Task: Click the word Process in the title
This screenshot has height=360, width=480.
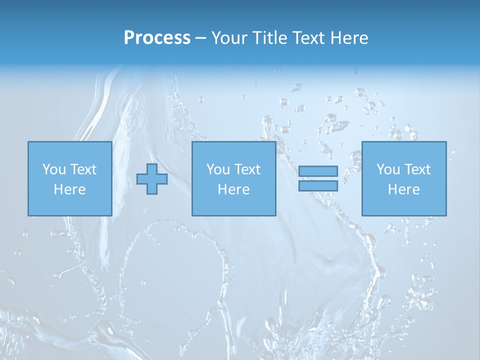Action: point(157,38)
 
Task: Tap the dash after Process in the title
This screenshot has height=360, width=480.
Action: point(200,38)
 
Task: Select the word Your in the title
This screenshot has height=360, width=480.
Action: point(230,38)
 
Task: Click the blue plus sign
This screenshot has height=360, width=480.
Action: point(152,179)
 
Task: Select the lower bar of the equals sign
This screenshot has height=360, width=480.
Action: point(318,186)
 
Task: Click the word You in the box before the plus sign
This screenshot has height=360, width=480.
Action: point(54,169)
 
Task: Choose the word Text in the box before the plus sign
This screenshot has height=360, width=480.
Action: point(83,169)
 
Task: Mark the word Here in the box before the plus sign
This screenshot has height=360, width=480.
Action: point(69,189)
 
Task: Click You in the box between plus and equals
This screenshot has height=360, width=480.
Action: point(218,169)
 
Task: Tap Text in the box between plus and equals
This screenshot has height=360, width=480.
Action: point(247,169)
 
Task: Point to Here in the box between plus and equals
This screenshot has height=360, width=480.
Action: point(233,189)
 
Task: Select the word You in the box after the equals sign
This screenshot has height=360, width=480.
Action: point(388,169)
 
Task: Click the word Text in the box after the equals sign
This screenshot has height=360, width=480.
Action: point(417,169)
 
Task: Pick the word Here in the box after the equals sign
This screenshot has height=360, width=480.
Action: point(403,189)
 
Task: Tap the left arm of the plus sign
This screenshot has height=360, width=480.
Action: point(141,179)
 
